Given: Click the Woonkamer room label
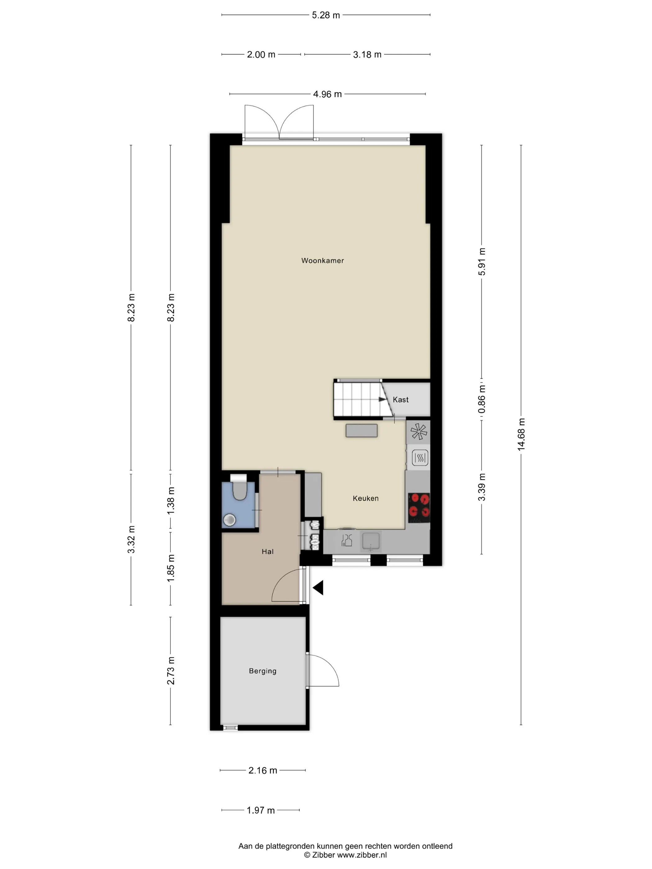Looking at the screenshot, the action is coord(322,260).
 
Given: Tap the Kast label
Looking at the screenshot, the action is coord(401,399).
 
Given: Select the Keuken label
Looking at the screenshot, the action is coord(365,498).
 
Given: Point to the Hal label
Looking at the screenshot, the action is coord(267,552).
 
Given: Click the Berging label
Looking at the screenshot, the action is coord(263,671).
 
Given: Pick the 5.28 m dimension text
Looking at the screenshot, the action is coord(326,15).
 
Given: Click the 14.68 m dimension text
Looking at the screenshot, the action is coord(521,434).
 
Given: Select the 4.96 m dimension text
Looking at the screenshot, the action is coord(327,94).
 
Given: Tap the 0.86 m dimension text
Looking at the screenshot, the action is coord(482,399).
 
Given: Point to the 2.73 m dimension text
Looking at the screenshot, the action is coord(170,671).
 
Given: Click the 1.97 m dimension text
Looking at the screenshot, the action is coord(260,810).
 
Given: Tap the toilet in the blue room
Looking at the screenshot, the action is coord(238,488).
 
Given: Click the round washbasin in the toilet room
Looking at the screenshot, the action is coord(229,520).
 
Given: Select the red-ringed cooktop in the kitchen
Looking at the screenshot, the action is coord(419,507).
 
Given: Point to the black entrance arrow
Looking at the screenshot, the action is coord(318,588).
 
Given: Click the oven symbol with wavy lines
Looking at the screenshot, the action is coord(420,457).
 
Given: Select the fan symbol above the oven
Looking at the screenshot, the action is coord(419,431).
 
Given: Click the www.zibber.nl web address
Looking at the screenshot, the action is coord(362,855).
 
